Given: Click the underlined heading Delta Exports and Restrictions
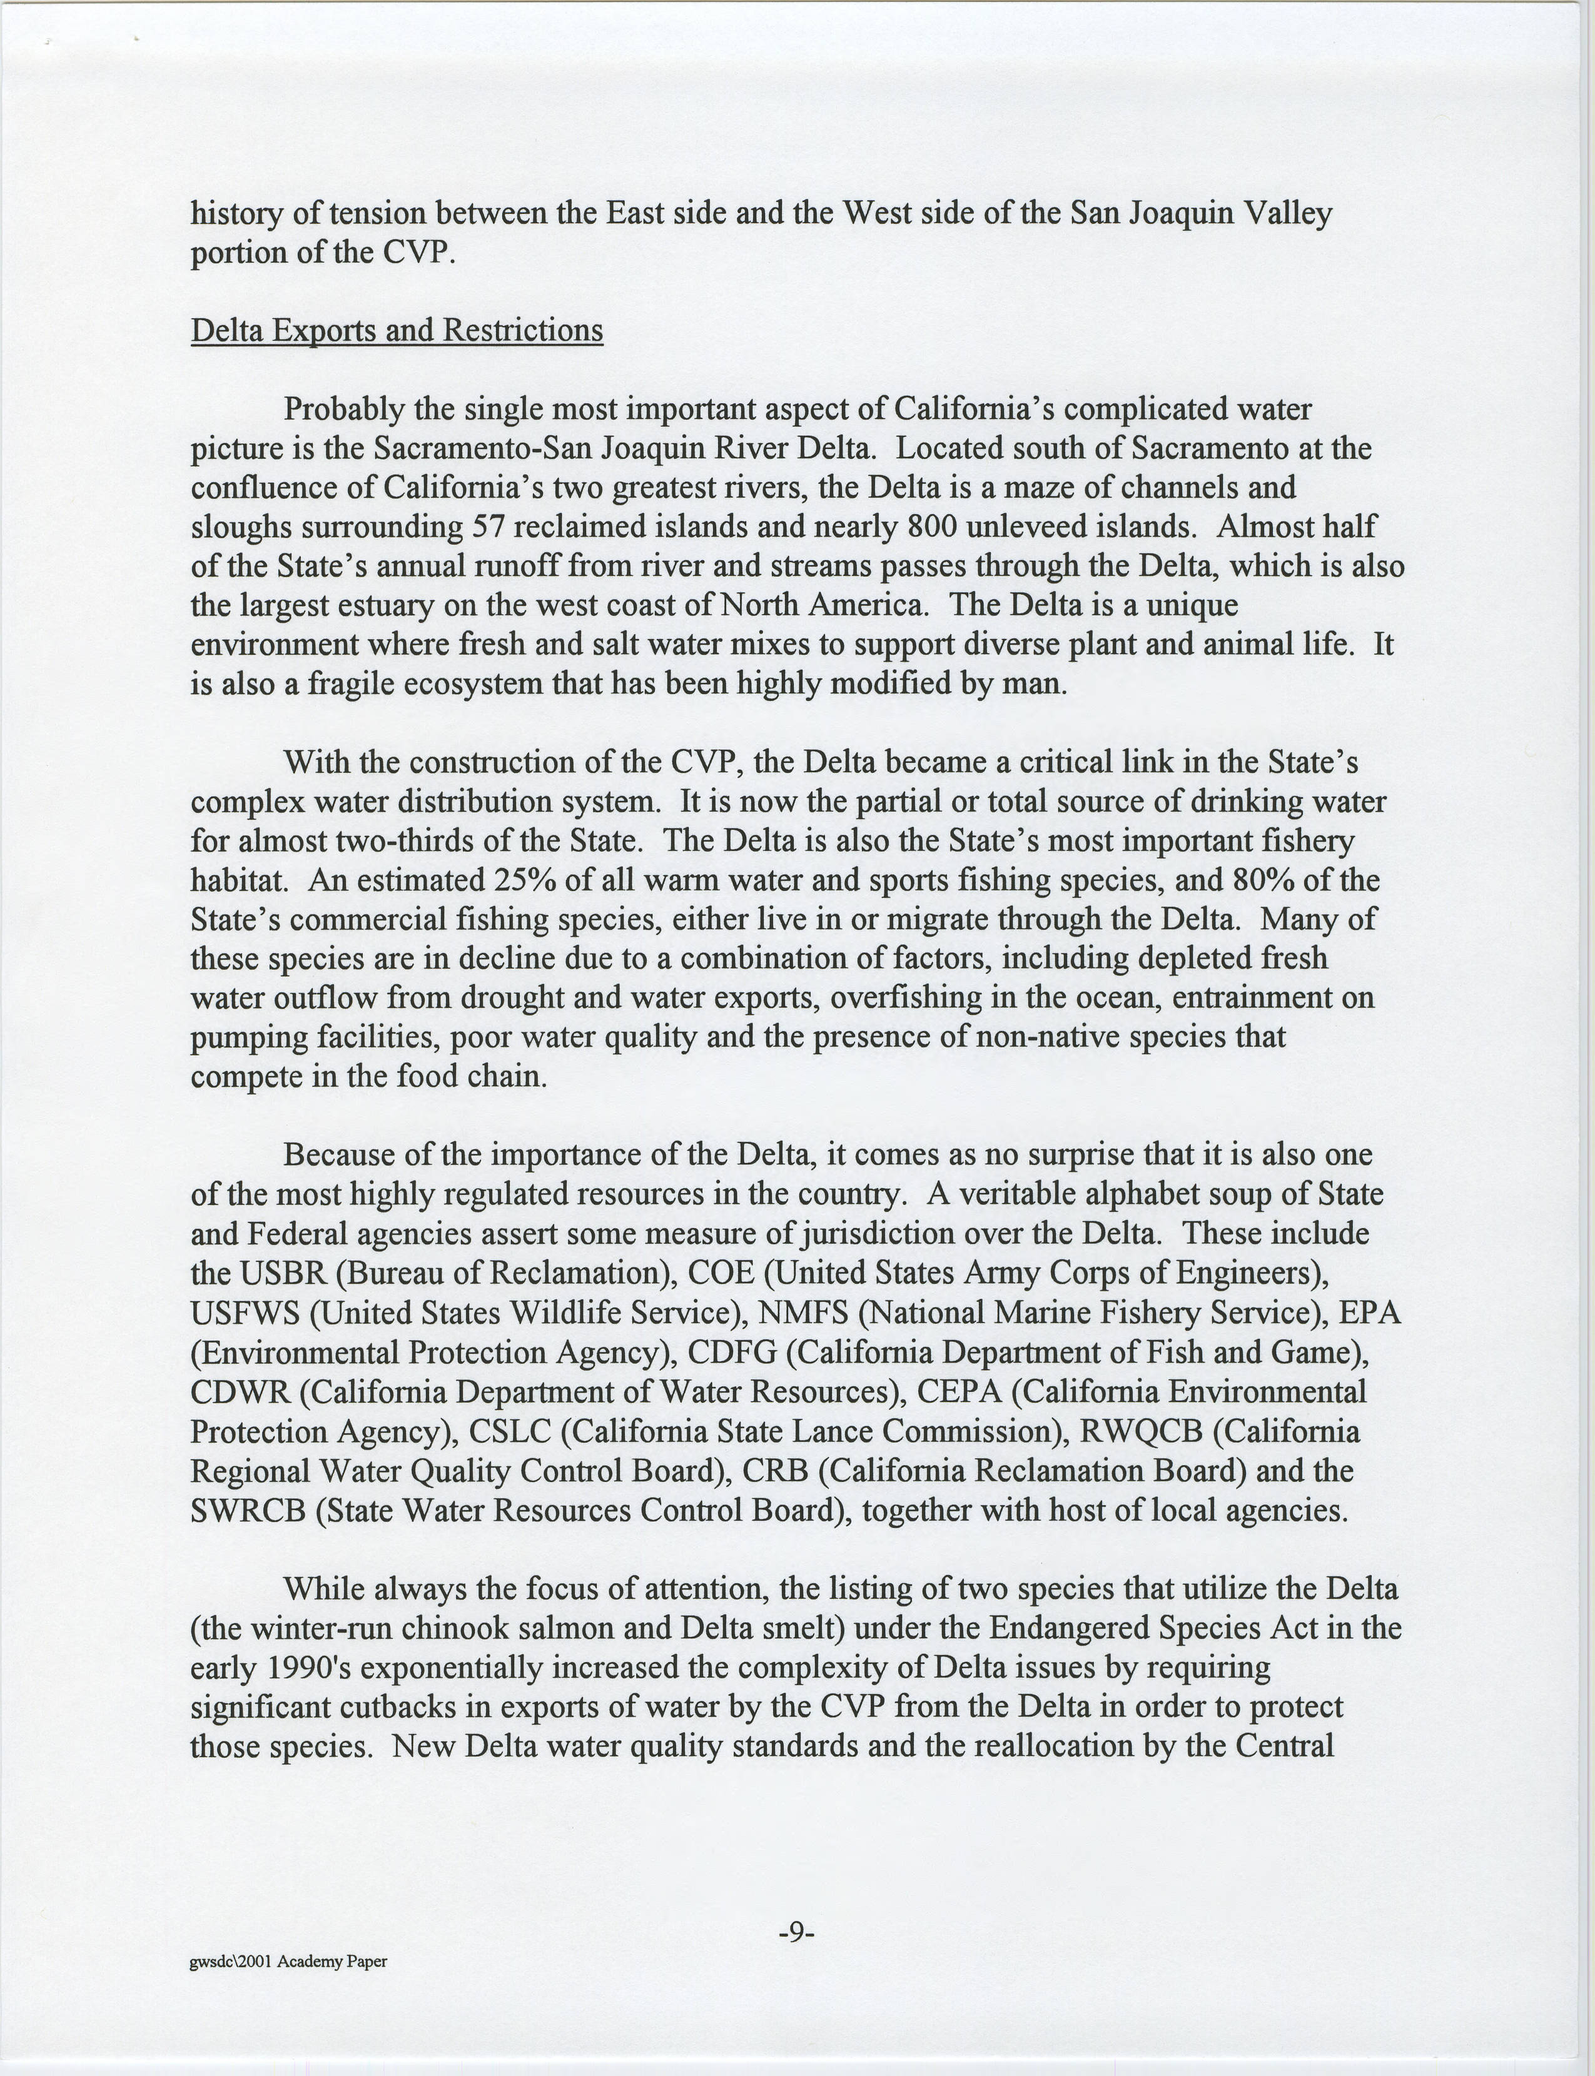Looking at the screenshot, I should click(x=397, y=330).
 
